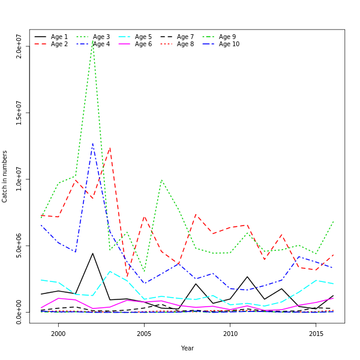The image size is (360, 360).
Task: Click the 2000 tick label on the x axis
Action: (x=58, y=334)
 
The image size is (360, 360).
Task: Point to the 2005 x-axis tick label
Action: (x=144, y=334)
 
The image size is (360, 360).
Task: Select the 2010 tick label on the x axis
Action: (x=230, y=334)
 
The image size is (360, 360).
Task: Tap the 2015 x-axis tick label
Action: (x=316, y=334)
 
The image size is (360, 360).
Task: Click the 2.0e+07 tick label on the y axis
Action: (x=19, y=46)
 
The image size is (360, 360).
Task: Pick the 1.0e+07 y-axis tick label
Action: (x=19, y=179)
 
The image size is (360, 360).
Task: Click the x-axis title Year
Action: (x=187, y=348)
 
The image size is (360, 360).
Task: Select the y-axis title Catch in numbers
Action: (x=5, y=176)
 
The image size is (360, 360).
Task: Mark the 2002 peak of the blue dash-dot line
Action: (x=92, y=143)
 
